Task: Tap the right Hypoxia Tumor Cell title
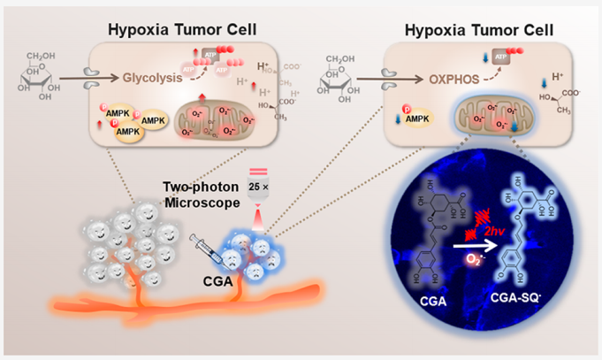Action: pos(479,31)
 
